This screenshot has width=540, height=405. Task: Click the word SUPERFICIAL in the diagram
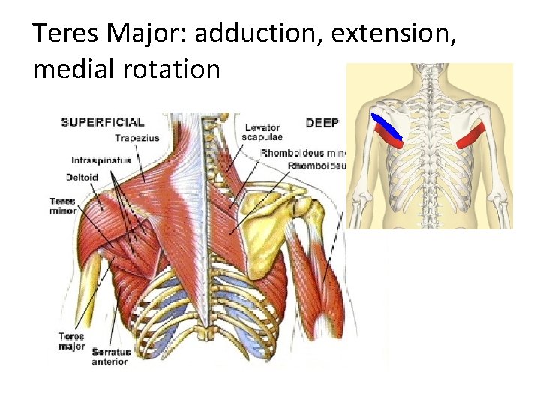(x=102, y=121)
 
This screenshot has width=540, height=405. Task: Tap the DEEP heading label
(x=322, y=121)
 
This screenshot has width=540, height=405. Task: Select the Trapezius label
(x=136, y=138)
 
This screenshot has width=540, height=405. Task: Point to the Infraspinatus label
(x=100, y=160)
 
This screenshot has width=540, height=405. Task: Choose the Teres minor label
(x=63, y=205)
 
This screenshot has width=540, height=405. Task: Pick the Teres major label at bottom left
(x=71, y=341)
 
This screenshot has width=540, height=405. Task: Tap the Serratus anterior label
(x=111, y=356)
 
